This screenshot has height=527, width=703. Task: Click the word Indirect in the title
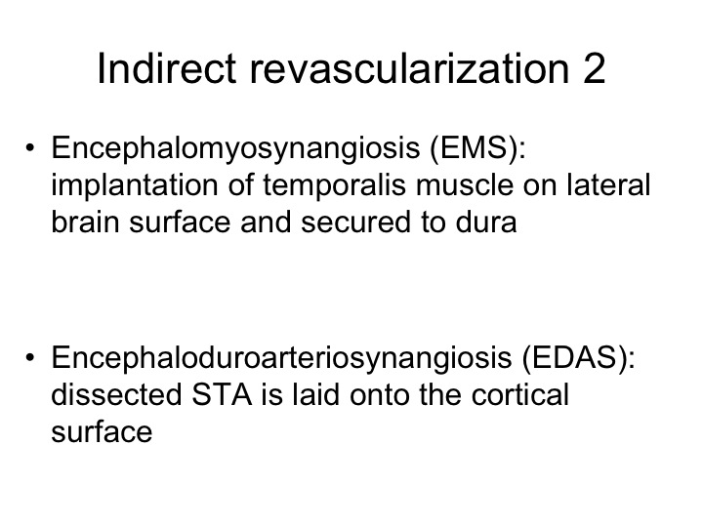pyautogui.click(x=166, y=68)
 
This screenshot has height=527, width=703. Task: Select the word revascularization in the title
pyautogui.click(x=409, y=68)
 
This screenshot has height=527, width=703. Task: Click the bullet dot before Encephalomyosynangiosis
pyautogui.click(x=30, y=147)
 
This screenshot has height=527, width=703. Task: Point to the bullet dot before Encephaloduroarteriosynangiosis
pyautogui.click(x=30, y=357)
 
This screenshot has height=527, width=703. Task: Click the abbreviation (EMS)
pyautogui.click(x=477, y=148)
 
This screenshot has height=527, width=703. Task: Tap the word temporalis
pyautogui.click(x=334, y=186)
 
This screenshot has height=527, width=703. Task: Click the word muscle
pyautogui.click(x=465, y=184)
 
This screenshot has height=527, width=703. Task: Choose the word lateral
pyautogui.click(x=608, y=184)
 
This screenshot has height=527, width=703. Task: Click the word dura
pyautogui.click(x=486, y=222)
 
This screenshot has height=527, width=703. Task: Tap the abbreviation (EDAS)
pyautogui.click(x=578, y=358)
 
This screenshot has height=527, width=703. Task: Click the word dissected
pyautogui.click(x=116, y=394)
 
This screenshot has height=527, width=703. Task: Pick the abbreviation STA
pyautogui.click(x=222, y=394)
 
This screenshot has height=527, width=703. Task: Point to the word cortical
pyautogui.click(x=520, y=394)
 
